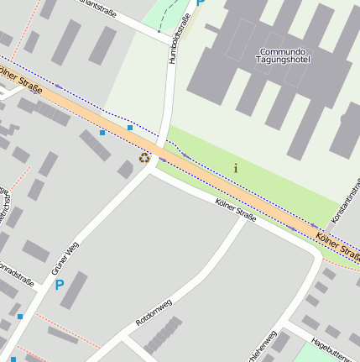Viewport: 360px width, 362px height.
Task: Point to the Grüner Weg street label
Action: point(65,258)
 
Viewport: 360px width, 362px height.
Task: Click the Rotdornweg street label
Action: point(153,313)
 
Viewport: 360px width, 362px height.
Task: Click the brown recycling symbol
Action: point(144,157)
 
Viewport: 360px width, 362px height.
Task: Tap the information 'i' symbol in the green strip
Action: point(235,168)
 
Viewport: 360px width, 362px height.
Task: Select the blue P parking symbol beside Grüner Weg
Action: point(59,285)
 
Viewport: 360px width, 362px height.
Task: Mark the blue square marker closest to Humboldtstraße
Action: point(130,128)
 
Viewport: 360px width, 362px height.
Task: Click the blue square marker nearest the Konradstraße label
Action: point(20,317)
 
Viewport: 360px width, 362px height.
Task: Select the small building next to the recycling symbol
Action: point(126,170)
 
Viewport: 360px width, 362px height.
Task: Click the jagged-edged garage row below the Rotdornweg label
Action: point(163,335)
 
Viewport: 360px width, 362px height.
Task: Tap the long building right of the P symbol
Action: point(74,290)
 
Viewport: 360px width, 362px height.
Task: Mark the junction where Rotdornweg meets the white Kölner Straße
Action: point(243,218)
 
